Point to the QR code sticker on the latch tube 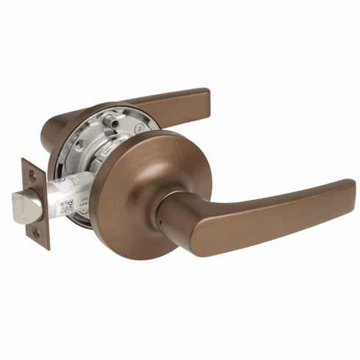pos(67,206)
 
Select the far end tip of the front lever pos(350,190)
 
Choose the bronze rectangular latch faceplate pos(34,204)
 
